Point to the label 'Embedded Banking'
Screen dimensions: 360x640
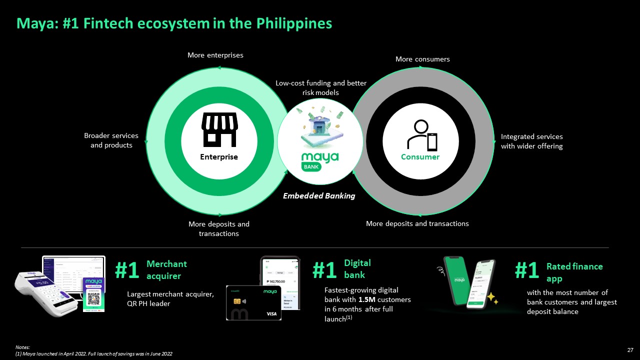tap(319, 196)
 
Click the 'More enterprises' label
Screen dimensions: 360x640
tap(215, 55)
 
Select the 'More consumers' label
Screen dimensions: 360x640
tap(422, 59)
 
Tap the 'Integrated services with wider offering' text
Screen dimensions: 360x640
tap(531, 141)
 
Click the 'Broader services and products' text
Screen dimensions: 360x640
tap(111, 140)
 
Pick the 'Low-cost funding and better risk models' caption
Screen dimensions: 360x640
tap(321, 87)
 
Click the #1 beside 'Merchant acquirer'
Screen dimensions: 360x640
tap(127, 270)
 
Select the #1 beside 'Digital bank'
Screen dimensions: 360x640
tap(324, 270)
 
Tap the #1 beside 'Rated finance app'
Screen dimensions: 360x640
tap(526, 270)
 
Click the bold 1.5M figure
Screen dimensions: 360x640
tap(367, 299)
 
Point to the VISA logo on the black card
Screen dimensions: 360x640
tap(271, 313)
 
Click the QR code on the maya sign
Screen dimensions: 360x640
tap(93, 299)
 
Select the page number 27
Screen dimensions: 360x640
tap(630, 349)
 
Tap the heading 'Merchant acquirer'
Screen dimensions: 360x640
tap(166, 269)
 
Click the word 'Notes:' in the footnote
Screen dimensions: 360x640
tap(22, 347)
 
